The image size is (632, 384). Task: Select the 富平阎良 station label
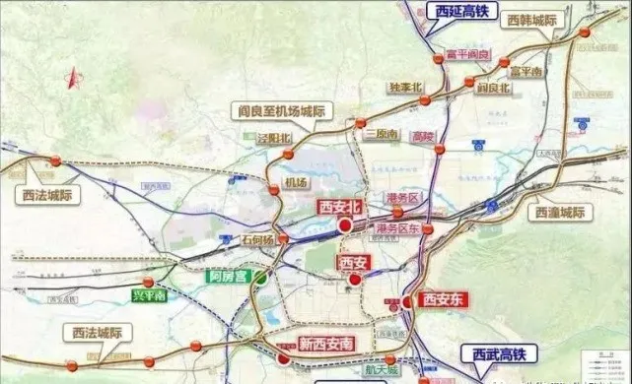(x=454, y=54)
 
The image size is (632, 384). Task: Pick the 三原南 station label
(x=380, y=132)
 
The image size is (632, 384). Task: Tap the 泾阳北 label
(x=275, y=138)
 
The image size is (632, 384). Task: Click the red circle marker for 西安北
(x=345, y=224)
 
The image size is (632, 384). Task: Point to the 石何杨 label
(x=257, y=239)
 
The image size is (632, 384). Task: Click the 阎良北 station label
(x=491, y=88)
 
